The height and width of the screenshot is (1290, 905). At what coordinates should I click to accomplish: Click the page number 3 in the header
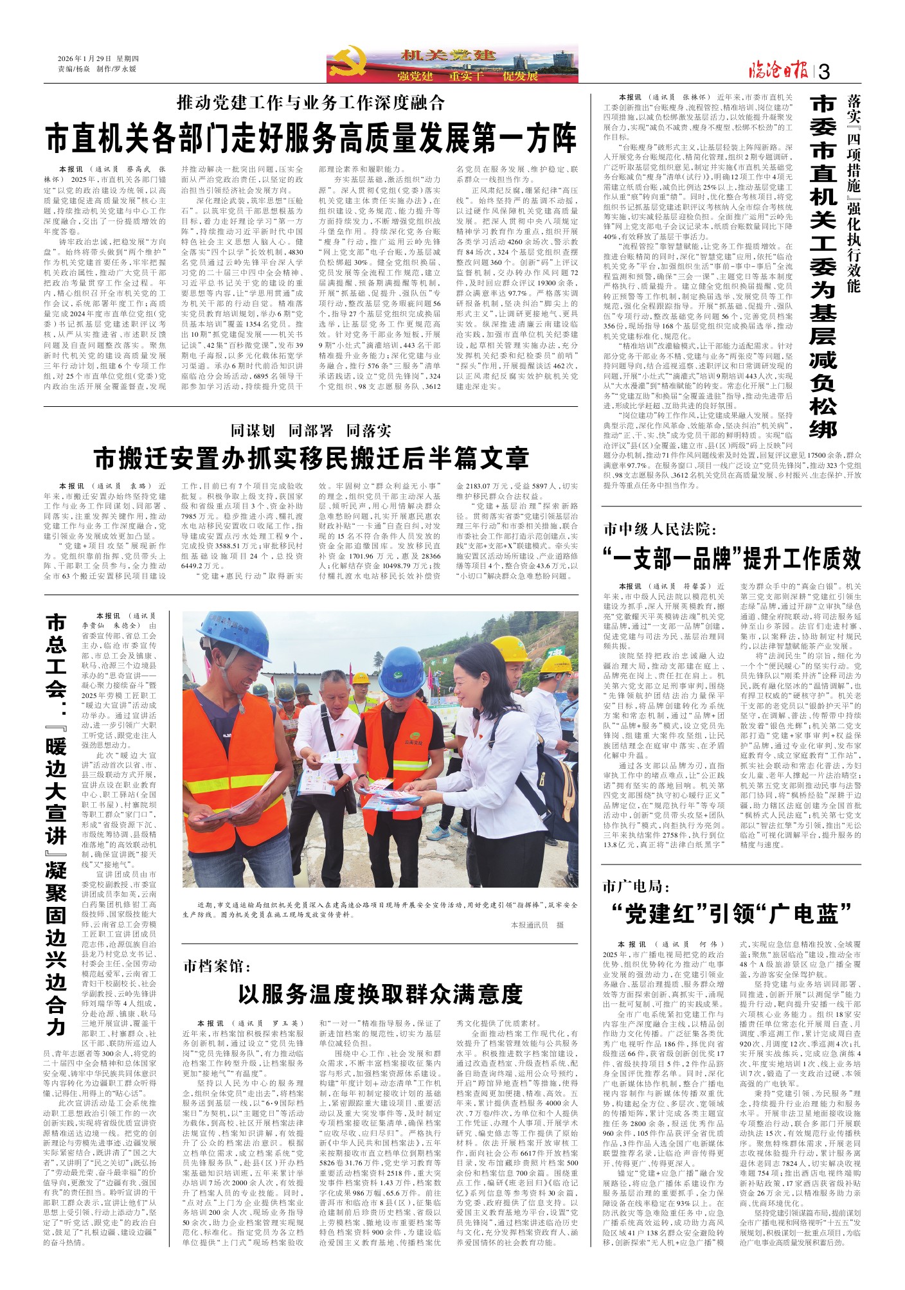click(x=825, y=72)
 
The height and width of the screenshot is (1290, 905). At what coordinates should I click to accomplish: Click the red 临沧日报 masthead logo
click(x=777, y=71)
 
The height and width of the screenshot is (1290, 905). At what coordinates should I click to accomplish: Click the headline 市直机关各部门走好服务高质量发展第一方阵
click(x=311, y=137)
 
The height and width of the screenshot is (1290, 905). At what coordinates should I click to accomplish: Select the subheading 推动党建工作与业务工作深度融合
click(x=311, y=102)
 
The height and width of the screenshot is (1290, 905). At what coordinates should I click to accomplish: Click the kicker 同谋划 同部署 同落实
click(x=311, y=430)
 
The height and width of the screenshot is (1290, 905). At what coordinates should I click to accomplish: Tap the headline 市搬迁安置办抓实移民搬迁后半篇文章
click(x=311, y=458)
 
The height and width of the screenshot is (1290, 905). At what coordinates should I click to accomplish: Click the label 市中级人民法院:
click(x=658, y=529)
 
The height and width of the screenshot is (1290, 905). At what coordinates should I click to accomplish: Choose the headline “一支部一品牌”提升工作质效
click(x=732, y=558)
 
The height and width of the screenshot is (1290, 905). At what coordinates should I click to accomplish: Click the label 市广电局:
click(x=636, y=886)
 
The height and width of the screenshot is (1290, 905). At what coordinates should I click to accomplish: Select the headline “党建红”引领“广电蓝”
click(x=732, y=913)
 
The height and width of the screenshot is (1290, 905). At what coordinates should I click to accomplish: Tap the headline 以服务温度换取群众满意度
click(x=380, y=994)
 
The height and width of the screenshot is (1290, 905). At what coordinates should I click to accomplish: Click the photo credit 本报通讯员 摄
click(x=537, y=924)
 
